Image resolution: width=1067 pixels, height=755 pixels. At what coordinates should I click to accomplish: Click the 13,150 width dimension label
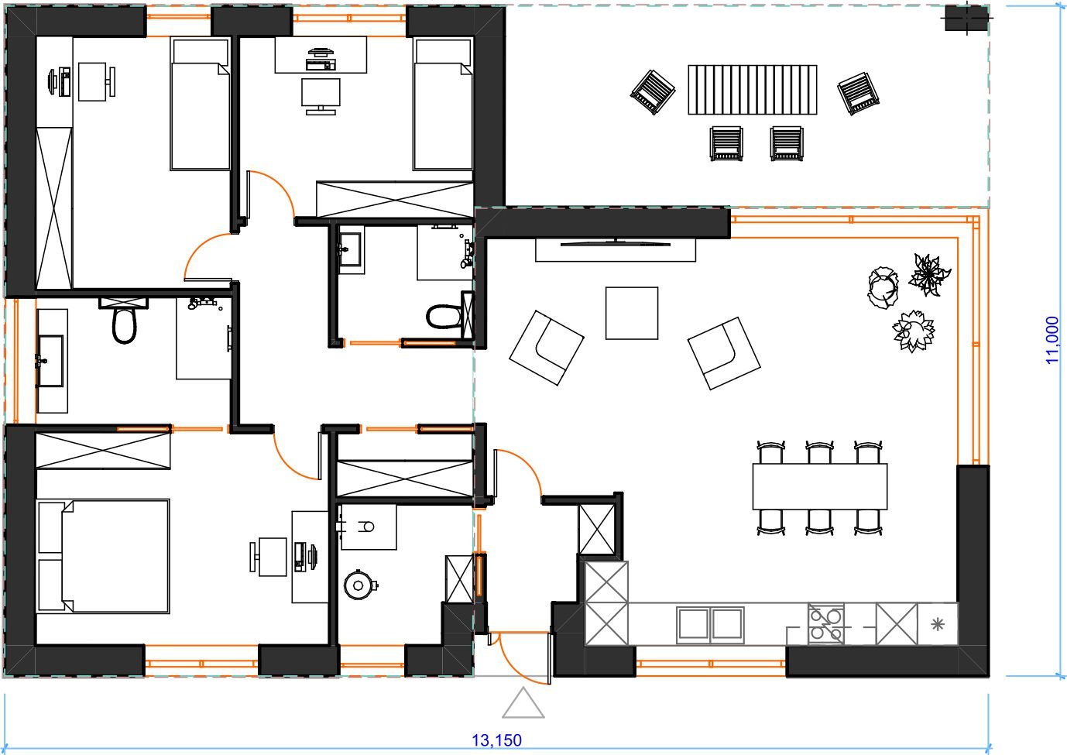point(496,740)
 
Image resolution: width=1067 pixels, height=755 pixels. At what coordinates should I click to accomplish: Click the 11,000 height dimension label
point(1052,340)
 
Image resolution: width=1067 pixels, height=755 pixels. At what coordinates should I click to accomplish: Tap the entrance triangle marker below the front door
point(523,702)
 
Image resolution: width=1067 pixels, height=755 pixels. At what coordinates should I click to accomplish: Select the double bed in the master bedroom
point(103,556)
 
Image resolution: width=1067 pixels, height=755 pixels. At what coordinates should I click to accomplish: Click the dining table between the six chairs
point(820,487)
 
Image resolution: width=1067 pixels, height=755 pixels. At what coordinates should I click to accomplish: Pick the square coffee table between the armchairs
point(632,313)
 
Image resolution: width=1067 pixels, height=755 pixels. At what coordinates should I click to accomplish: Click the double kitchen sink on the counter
point(710,624)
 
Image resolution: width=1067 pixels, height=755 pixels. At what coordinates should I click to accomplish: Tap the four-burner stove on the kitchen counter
point(825,624)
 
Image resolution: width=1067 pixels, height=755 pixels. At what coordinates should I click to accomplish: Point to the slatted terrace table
point(752,90)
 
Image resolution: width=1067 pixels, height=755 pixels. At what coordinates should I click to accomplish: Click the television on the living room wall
point(616,243)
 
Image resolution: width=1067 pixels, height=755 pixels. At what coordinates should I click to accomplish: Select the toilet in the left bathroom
point(125,322)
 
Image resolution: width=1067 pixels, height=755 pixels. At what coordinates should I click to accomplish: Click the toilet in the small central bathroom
point(444,317)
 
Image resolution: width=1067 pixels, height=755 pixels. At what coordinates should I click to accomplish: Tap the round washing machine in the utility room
point(359,585)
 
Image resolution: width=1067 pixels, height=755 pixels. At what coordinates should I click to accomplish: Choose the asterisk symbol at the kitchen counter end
point(937,624)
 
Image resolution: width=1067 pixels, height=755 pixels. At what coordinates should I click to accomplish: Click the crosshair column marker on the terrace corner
point(966,18)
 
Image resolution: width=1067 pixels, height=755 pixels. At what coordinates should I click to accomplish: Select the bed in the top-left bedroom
point(200,105)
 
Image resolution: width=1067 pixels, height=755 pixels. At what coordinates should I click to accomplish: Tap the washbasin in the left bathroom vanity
point(50,361)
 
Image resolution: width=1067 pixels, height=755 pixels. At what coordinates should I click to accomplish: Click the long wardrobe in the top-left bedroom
point(54,208)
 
